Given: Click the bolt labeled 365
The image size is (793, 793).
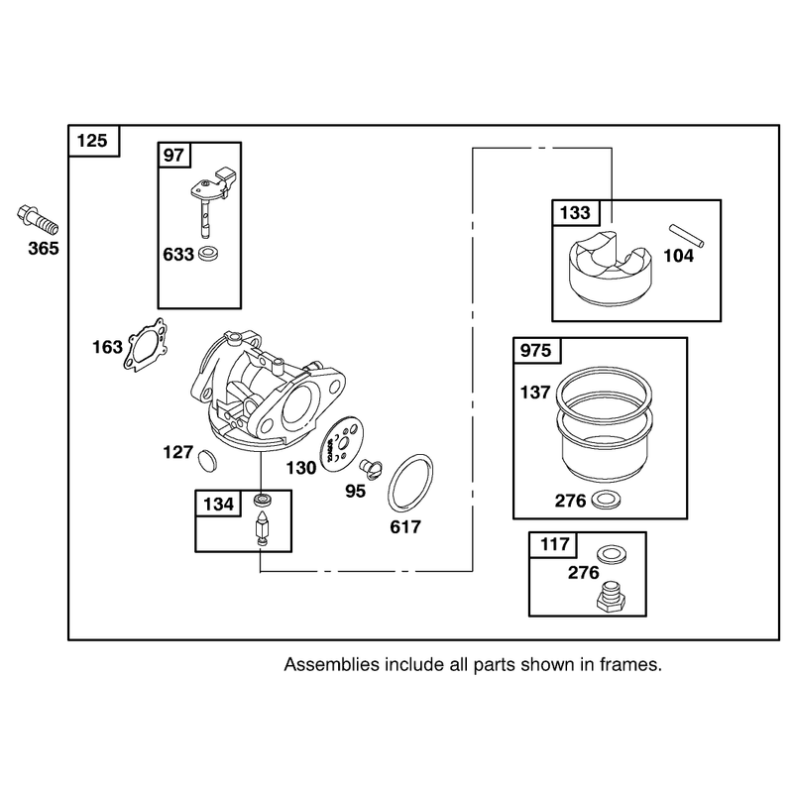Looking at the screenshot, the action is point(37,219).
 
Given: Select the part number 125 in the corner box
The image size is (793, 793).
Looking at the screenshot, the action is point(92,140).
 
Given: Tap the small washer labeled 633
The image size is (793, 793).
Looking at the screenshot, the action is point(207,253).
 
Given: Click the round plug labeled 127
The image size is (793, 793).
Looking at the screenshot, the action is point(207,460).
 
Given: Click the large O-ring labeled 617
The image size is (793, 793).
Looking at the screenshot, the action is point(410,482).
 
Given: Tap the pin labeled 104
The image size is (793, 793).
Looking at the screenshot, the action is point(686,235).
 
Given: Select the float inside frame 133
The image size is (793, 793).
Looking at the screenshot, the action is point(611,269).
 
